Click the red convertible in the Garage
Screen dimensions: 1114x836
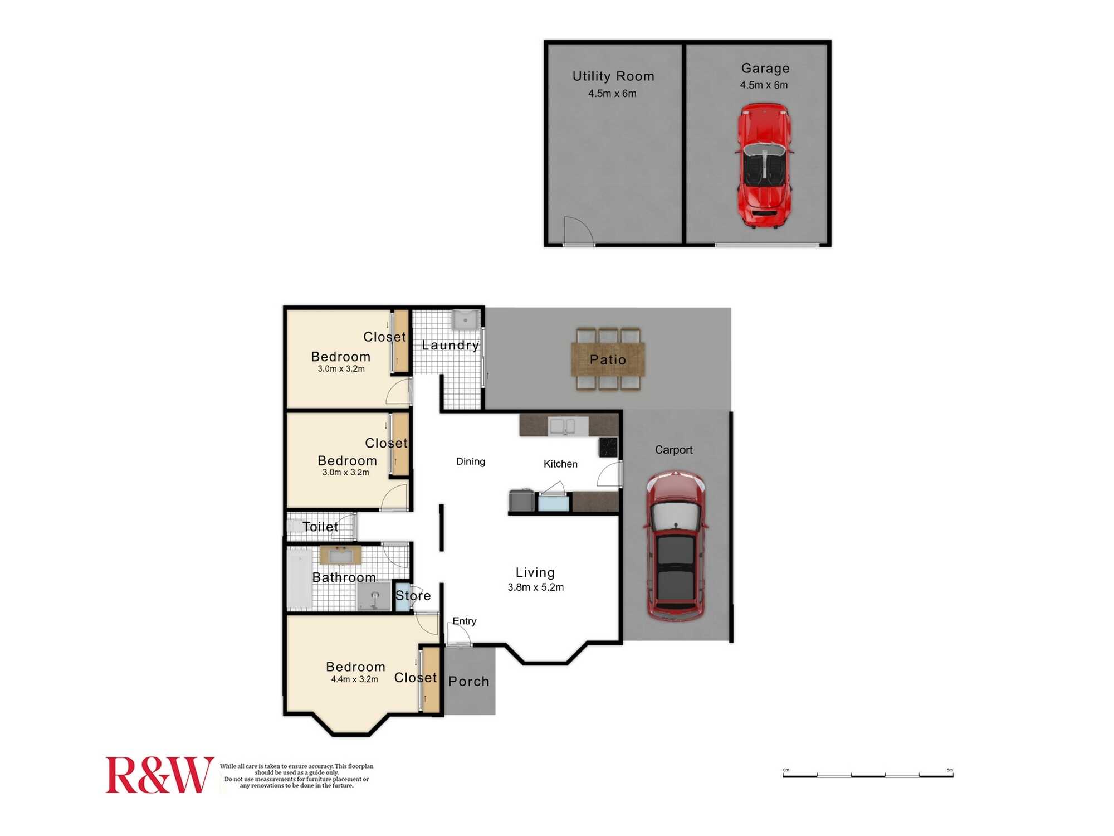click(x=764, y=166)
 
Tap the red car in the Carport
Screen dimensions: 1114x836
click(x=676, y=546)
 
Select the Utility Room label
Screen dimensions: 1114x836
click(x=613, y=76)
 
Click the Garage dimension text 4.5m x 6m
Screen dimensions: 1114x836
click(x=764, y=85)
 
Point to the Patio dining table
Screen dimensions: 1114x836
click(x=608, y=359)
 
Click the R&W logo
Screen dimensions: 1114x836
click(x=160, y=775)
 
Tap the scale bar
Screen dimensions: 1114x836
click(x=868, y=774)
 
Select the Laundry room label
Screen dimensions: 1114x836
click(x=450, y=346)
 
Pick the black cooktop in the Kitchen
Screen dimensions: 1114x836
click(x=608, y=447)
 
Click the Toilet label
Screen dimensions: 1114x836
click(x=320, y=527)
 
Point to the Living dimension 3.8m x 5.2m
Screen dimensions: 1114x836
click(x=535, y=587)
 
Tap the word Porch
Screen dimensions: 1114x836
click(x=468, y=682)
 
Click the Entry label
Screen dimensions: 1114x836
click(x=464, y=621)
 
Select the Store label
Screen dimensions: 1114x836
click(x=413, y=596)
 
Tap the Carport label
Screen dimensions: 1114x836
click(x=673, y=450)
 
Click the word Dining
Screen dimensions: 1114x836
click(x=471, y=461)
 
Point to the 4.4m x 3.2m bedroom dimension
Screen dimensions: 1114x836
click(x=354, y=679)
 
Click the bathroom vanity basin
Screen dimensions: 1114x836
click(x=340, y=556)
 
